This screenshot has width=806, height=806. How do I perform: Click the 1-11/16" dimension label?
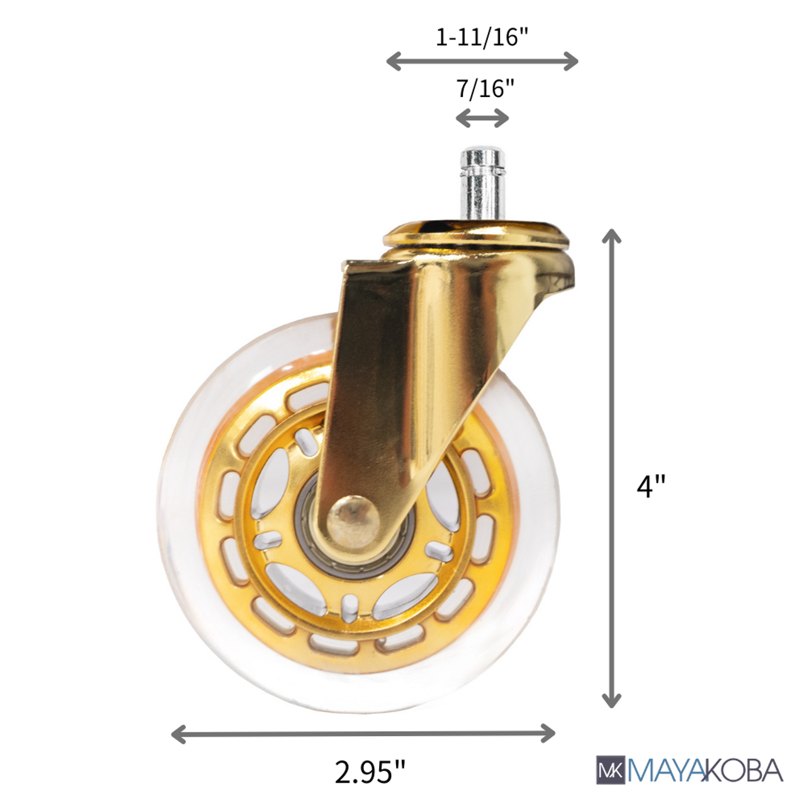click(482, 37)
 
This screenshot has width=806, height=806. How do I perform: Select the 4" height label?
click(650, 486)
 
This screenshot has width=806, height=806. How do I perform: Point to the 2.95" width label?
click(370, 771)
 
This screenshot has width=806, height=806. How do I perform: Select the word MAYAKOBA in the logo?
click(705, 770)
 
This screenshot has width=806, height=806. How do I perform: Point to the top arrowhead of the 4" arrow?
click(611, 237)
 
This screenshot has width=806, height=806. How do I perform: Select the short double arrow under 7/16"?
click(482, 118)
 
